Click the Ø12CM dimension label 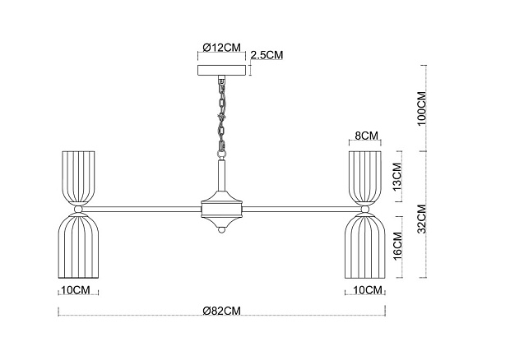tap(221, 47)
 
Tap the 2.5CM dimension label tap(267, 55)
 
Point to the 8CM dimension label tap(366, 135)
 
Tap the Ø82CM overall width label tap(221, 311)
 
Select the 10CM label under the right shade tap(368, 290)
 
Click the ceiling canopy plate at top tap(221, 70)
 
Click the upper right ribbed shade tap(366, 176)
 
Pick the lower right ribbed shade tap(366, 247)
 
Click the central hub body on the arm tap(221, 210)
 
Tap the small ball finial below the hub tap(221, 233)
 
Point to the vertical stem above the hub tap(221, 174)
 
